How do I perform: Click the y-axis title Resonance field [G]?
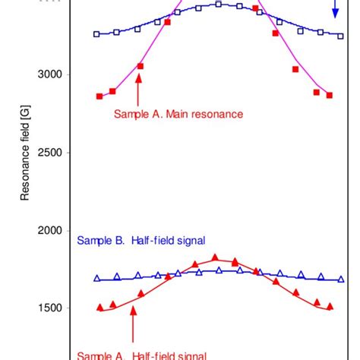click(x=24, y=151)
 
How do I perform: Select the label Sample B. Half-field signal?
click(x=142, y=241)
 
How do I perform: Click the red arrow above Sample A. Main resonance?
click(x=138, y=91)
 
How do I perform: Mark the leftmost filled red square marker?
click(x=99, y=96)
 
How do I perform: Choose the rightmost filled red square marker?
click(x=329, y=95)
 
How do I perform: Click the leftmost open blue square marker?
click(x=96, y=34)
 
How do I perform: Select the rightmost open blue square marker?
click(x=339, y=34)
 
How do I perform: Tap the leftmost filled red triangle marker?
click(x=99, y=307)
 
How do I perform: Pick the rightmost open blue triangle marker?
click(x=341, y=279)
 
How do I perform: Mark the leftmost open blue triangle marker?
click(x=96, y=279)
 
